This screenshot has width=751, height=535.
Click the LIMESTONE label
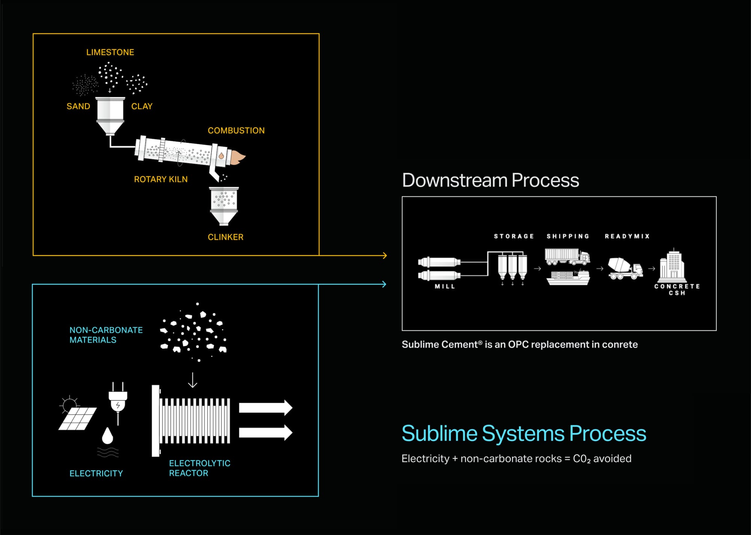(110, 52)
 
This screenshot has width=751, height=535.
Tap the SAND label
(78, 106)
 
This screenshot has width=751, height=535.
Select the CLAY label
(142, 106)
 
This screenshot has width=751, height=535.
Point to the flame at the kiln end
(237, 157)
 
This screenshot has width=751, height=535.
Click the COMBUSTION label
(236, 131)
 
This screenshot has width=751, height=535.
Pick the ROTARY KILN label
(161, 179)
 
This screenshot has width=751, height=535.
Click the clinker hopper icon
(224, 206)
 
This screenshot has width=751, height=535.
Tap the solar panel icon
(78, 418)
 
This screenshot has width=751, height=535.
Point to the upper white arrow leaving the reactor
(265, 408)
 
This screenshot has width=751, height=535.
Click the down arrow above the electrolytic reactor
(193, 380)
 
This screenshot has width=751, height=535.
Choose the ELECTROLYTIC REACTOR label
(199, 468)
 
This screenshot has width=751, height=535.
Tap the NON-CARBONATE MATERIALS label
(106, 335)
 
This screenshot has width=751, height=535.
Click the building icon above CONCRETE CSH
(673, 266)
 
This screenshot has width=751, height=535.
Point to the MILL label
(445, 286)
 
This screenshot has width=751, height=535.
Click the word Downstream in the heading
(455, 180)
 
